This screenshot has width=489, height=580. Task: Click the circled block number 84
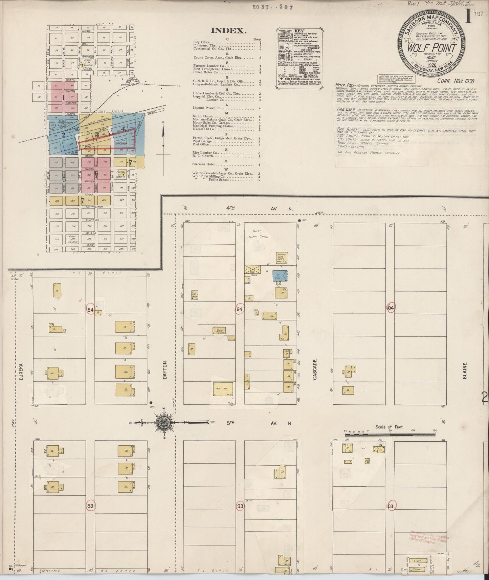click(x=90, y=310)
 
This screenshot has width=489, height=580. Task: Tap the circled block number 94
click(x=240, y=309)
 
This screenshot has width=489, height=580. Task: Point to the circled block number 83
click(x=90, y=506)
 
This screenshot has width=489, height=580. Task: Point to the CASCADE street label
click(x=315, y=370)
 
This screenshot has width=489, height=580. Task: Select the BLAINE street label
click(x=465, y=371)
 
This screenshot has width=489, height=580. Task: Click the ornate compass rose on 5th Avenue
click(x=163, y=422)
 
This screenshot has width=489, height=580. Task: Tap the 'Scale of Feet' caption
click(x=390, y=427)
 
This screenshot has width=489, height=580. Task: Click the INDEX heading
click(x=228, y=31)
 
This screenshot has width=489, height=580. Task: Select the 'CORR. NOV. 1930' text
click(x=456, y=81)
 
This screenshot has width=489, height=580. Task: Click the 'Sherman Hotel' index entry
click(x=204, y=164)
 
